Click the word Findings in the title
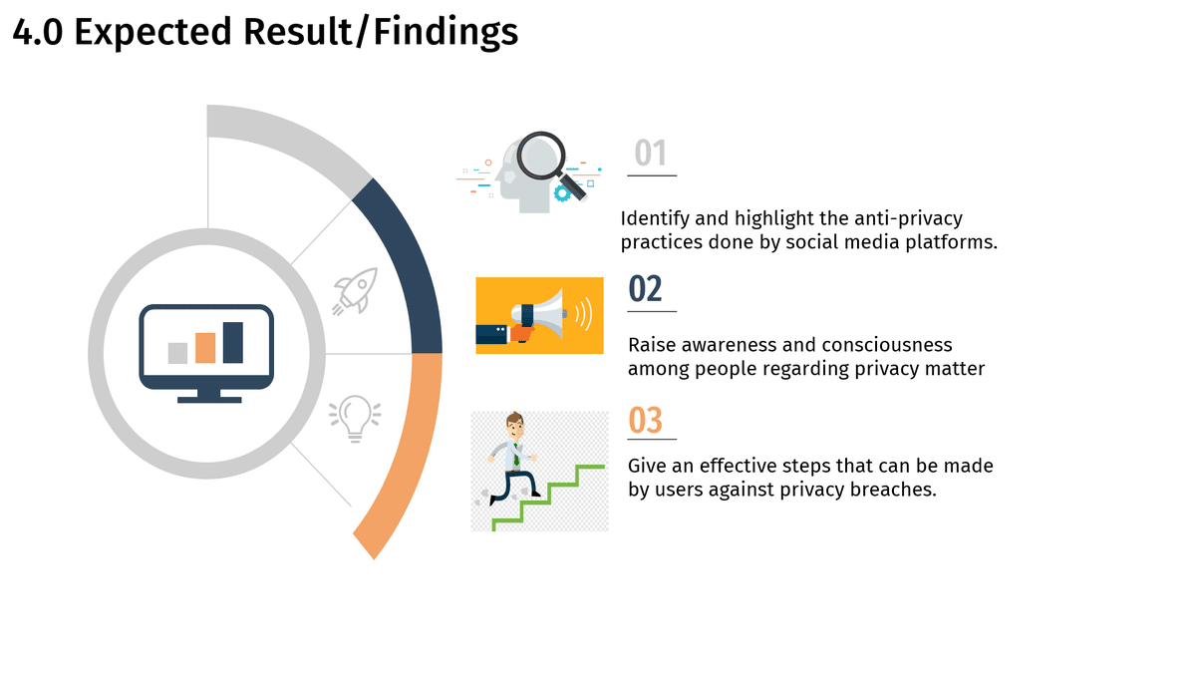[x=446, y=32]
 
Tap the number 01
[x=650, y=153]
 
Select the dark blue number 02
[x=645, y=288]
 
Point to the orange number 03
[x=645, y=420]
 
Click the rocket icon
[x=355, y=291]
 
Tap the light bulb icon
[x=355, y=418]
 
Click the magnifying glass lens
[x=541, y=156]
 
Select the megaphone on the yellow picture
[x=539, y=315]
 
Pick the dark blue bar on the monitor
[x=233, y=342]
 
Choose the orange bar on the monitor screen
[x=205, y=348]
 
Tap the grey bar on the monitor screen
[x=177, y=353]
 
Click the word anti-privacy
[x=908, y=219]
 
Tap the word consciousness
[x=886, y=345]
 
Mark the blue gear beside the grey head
[x=562, y=193]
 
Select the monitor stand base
[x=209, y=400]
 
